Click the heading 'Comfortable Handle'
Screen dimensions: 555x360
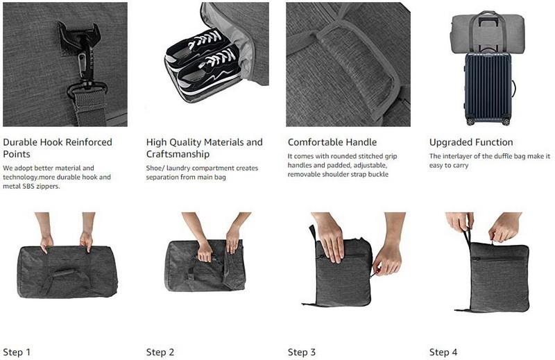pyautogui.click(x=332, y=142)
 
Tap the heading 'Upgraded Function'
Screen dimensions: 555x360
pyautogui.click(x=471, y=142)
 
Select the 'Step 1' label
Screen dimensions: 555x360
pyautogui.click(x=17, y=352)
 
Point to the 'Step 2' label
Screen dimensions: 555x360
pyautogui.click(x=160, y=352)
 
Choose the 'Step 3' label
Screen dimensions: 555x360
pyautogui.click(x=302, y=352)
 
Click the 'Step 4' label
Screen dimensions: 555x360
pyautogui.click(x=443, y=352)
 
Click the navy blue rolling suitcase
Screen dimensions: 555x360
pyautogui.click(x=488, y=89)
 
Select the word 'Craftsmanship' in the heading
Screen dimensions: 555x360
pyautogui.click(x=178, y=155)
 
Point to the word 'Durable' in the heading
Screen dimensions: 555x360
pyautogui.click(x=20, y=142)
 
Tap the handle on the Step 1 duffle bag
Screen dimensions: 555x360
pyautogui.click(x=64, y=273)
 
